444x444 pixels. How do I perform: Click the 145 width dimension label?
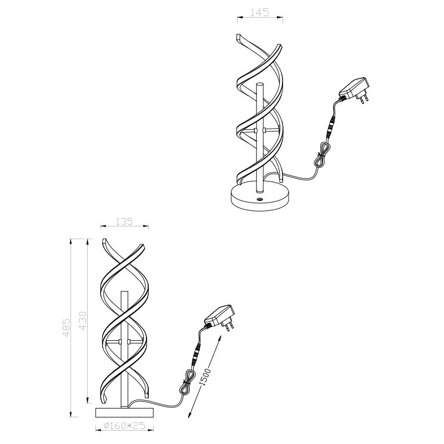(x=260, y=12)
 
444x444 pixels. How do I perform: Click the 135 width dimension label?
(x=124, y=221)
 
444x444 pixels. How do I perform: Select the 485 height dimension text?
(x=66, y=327)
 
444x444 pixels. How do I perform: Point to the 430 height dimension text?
(x=82, y=321)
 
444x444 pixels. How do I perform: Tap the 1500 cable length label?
(x=205, y=377)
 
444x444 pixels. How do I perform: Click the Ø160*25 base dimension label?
(x=124, y=425)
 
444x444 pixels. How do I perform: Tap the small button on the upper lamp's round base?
(x=260, y=200)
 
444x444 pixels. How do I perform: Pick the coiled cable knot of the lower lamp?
(x=187, y=382)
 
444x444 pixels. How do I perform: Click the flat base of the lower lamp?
(x=124, y=412)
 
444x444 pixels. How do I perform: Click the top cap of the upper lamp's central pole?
(x=260, y=84)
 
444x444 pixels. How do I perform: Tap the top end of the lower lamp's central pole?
(x=124, y=291)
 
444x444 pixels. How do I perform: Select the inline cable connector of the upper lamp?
(x=330, y=128)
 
